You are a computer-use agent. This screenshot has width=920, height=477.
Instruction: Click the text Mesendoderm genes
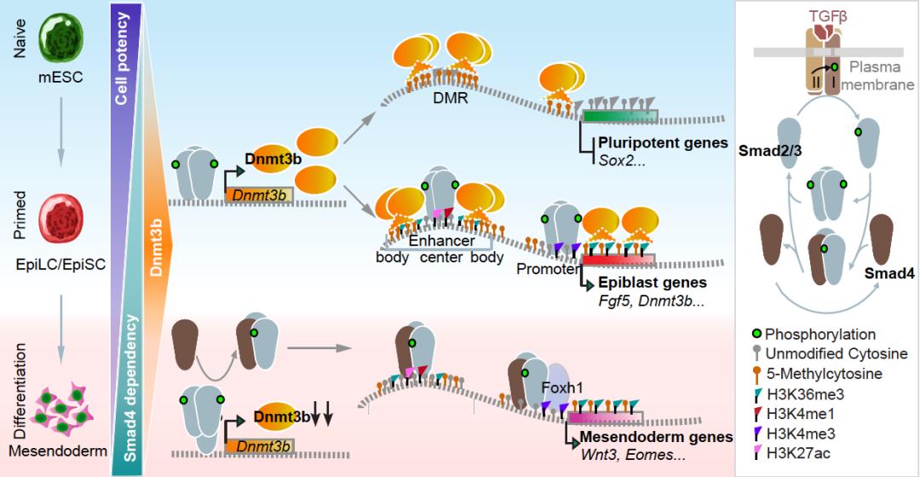coord(656,438)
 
